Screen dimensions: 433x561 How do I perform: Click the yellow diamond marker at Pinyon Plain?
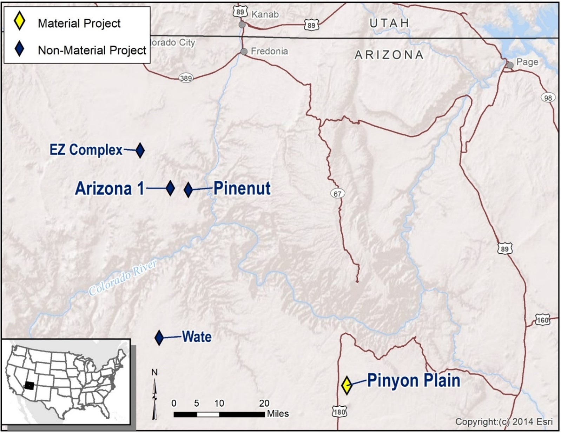point(346,385)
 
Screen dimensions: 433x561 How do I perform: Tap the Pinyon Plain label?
point(413,380)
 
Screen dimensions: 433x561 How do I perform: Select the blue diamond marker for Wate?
point(159,338)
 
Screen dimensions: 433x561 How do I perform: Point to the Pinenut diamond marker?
point(188,189)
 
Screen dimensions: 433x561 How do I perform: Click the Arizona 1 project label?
point(110,188)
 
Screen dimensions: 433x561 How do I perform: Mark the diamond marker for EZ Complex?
point(140,150)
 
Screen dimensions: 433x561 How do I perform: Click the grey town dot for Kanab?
point(242,25)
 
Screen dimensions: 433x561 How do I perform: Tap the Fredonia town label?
point(269,51)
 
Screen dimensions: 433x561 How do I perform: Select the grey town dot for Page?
point(510,65)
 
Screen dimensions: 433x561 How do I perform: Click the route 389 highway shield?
point(186,78)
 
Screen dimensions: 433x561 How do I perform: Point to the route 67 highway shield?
point(337,193)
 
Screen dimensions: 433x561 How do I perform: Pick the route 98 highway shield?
point(548,98)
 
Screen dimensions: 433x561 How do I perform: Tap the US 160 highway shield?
point(542,320)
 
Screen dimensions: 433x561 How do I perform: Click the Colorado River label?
point(123,278)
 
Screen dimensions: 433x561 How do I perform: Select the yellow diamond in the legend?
point(19,21)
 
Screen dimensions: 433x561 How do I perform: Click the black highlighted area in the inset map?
point(29,386)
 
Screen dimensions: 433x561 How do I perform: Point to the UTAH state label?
point(389,23)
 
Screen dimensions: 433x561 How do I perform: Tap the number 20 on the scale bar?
point(264,403)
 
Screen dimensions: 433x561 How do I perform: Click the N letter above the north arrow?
point(154,372)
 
